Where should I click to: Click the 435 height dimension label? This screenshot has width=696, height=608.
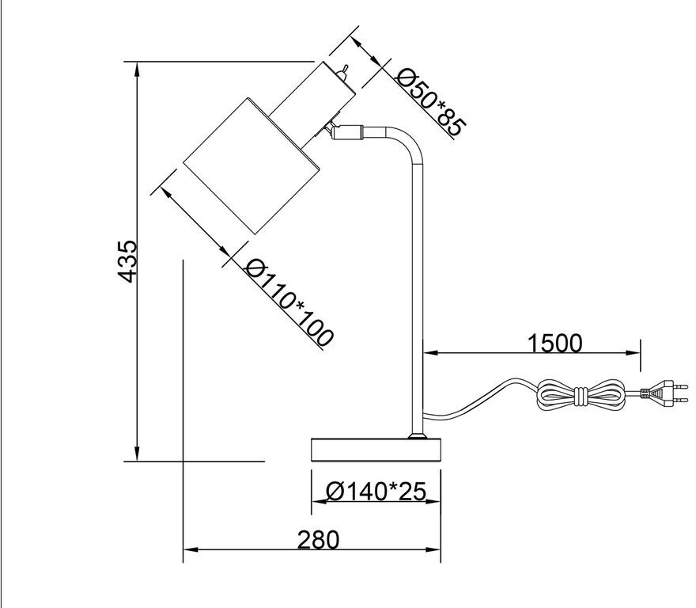click(x=126, y=260)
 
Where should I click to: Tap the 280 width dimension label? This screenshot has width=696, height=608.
click(x=318, y=539)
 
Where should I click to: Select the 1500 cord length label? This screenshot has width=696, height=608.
click(x=554, y=343)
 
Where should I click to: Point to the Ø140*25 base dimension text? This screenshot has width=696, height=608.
click(x=376, y=492)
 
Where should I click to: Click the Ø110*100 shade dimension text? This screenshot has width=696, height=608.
click(x=289, y=302)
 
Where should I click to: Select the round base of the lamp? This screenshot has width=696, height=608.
click(x=375, y=450)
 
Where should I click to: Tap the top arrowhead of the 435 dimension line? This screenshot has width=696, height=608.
click(x=138, y=68)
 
